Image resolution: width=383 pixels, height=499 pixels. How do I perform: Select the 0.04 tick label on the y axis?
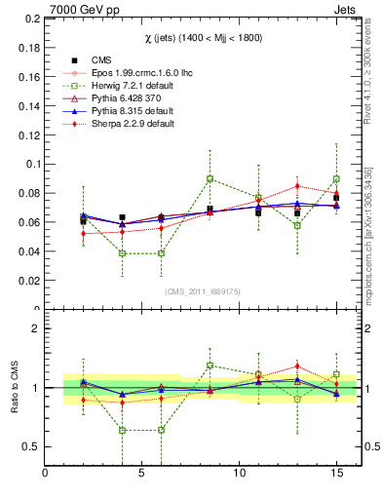(x=28, y=251)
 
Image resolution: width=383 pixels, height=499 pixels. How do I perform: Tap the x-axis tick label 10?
(x=240, y=475)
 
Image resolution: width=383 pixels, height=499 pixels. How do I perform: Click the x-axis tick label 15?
(x=336, y=475)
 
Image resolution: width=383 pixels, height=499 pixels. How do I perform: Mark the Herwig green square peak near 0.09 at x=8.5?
(x=210, y=178)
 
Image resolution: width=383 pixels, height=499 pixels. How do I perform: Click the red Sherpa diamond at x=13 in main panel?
(x=297, y=186)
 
